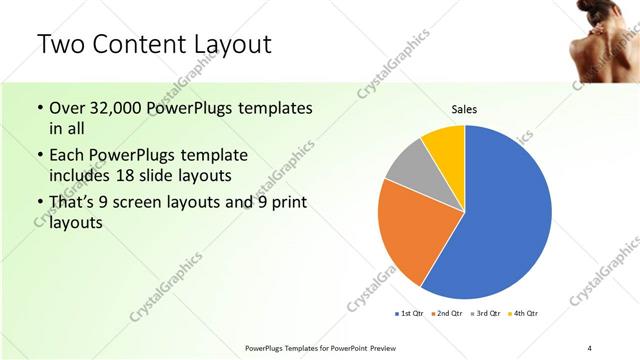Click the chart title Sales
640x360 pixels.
coord(464,109)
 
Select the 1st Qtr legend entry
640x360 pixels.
coord(411,314)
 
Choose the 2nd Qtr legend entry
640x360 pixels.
coord(448,314)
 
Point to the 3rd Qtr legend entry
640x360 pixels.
coord(486,314)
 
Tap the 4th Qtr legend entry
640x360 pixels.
coord(524,314)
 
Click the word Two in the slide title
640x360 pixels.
coord(61,45)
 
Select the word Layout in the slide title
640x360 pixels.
coord(236,45)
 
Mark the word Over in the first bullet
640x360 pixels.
coord(68,108)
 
